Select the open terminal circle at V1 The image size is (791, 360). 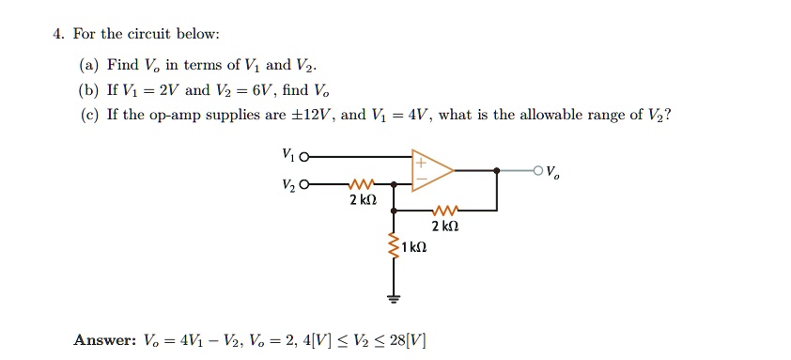302,156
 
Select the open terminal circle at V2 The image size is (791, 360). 303,183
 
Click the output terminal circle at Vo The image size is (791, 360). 536,170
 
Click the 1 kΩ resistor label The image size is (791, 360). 414,247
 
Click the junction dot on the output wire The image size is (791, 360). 497,170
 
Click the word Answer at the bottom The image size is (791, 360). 104,340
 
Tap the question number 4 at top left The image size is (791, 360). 58,35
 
